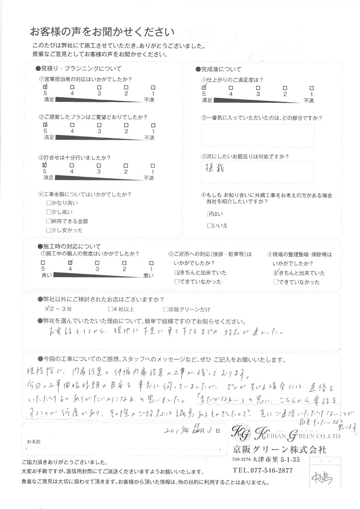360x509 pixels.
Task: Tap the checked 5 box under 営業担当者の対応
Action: pos(45,87)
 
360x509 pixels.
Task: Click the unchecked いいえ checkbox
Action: pos(210,226)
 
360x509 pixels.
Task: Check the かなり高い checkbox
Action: pos(49,203)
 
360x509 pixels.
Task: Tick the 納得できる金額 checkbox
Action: pos(49,221)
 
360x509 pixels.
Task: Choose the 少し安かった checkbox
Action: pos(49,230)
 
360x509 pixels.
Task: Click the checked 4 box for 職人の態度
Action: pos(70,262)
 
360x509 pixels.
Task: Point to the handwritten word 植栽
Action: pos(214,168)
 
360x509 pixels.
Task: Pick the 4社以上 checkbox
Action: pos(111,309)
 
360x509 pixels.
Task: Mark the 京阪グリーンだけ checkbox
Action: pos(166,310)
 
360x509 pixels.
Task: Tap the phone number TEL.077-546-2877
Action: pos(263,470)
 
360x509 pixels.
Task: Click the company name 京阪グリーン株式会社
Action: pos(280,450)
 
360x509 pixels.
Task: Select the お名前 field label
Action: pos(34,442)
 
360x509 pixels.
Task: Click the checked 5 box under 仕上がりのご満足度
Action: pos(204,87)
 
